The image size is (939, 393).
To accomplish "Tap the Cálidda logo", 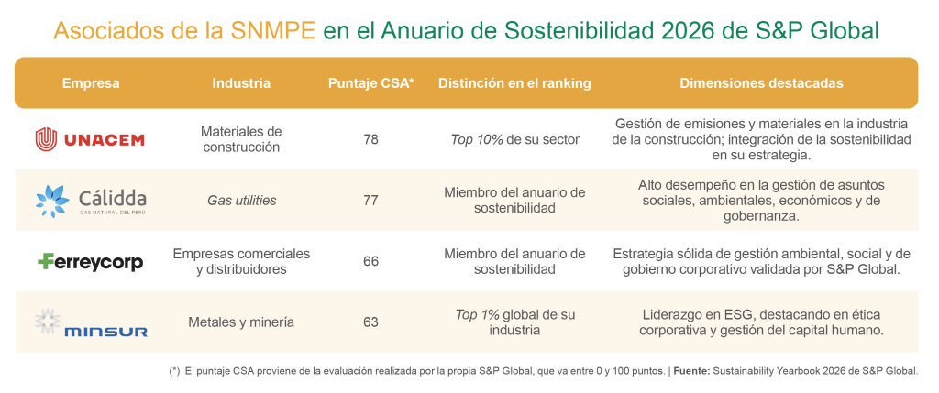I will click(91, 200).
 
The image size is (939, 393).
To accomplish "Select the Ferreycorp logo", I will click(91, 261).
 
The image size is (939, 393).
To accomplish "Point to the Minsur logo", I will click(91, 322).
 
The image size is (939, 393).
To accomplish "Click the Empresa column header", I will click(91, 83).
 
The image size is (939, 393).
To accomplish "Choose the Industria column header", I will click(241, 83).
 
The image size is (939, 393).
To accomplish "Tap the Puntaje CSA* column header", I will click(370, 83).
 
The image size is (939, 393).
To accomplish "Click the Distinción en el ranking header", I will click(514, 83).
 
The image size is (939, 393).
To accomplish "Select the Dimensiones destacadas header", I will click(761, 83).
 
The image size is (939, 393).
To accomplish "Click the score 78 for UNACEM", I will click(370, 139).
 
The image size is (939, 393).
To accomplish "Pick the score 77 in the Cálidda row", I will click(370, 200).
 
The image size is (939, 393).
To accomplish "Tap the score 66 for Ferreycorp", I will click(370, 261).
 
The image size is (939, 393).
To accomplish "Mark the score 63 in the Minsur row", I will click(370, 322).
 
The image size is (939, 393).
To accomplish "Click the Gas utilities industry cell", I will click(241, 200).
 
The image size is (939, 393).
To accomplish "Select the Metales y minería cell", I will click(241, 322).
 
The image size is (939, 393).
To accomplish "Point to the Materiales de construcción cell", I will click(241, 139).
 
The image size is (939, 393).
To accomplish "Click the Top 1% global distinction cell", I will click(514, 322).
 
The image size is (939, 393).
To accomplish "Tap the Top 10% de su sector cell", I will click(514, 139).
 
